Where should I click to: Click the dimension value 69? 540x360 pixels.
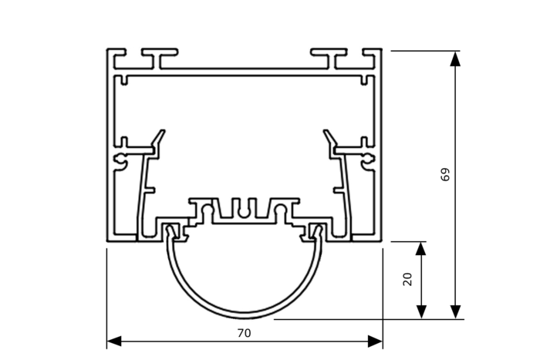(x=445, y=174)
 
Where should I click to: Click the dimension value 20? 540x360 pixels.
(x=408, y=278)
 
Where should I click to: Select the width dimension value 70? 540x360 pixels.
(x=244, y=334)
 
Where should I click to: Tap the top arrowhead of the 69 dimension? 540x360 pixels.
(x=456, y=59)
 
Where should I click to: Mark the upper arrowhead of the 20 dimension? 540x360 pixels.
(x=421, y=249)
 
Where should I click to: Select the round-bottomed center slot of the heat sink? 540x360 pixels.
(x=244, y=209)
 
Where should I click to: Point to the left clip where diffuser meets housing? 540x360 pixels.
(x=173, y=230)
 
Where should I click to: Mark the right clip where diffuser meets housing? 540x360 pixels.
(x=315, y=230)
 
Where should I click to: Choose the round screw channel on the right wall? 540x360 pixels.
(x=368, y=160)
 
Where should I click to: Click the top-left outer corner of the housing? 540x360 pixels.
(x=108, y=50)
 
